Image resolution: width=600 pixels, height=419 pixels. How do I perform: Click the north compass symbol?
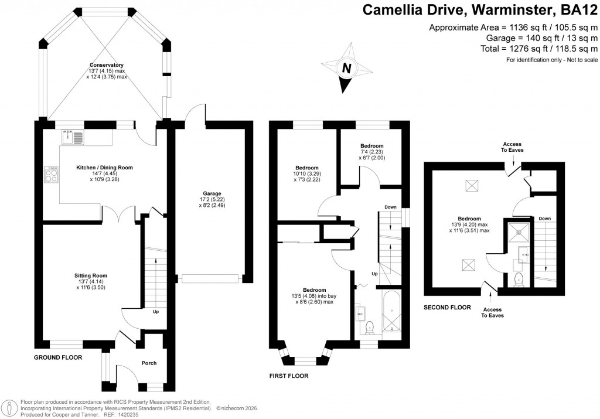coord(346,69)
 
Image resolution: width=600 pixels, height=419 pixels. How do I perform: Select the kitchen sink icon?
coord(73,138)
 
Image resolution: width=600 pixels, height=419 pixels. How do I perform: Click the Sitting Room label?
coord(91,275)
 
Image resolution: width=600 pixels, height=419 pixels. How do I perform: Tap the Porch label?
coord(149,363)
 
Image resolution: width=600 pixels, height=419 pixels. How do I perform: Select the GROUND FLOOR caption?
coord(57,357)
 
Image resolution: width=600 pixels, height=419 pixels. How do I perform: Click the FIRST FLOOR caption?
coord(288,376)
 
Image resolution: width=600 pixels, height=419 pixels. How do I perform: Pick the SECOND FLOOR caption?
coord(448,307)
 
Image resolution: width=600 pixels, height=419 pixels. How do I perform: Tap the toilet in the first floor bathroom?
coord(369,326)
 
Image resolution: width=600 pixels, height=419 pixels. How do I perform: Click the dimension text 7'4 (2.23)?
coord(372,152)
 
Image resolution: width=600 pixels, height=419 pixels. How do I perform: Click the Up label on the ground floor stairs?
coord(156,312)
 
